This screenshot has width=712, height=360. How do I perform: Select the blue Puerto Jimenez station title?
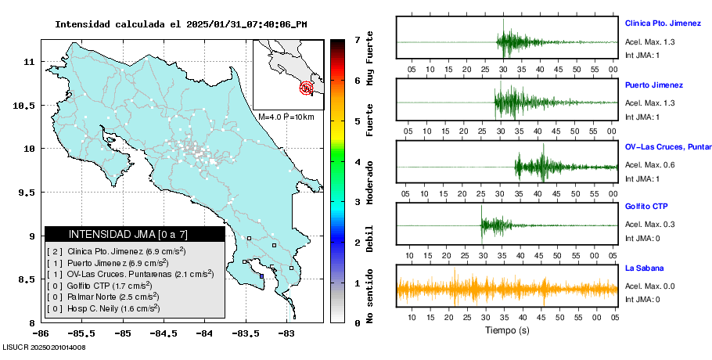[x=653, y=85]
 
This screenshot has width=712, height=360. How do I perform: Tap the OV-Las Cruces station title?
[x=667, y=146]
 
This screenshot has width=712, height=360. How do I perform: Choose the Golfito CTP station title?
[x=646, y=207]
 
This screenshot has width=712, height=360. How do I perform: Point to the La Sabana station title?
[x=643, y=268]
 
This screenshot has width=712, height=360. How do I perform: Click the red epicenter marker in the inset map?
[x=307, y=88]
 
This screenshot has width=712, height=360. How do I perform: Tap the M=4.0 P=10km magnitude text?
[x=286, y=117]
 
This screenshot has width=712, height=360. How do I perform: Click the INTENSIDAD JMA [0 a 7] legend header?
[x=135, y=234]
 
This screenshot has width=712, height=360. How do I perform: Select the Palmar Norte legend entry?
[x=103, y=297]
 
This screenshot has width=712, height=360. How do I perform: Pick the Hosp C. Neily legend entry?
[x=103, y=308]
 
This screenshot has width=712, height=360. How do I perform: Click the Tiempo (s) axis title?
[x=506, y=329]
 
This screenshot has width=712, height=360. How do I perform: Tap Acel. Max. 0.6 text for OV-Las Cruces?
[x=649, y=165]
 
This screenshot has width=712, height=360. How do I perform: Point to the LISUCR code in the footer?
[x=44, y=347]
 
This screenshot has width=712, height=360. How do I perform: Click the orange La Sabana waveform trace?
[x=506, y=289]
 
